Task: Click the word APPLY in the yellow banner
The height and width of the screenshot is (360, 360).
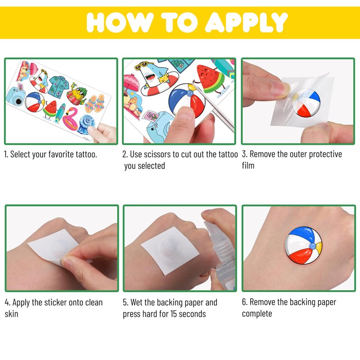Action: tap(246, 22)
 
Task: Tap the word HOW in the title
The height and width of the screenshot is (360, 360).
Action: tap(120, 22)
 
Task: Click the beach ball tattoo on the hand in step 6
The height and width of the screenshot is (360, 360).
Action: tap(303, 245)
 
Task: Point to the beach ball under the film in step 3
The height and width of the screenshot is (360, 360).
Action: tap(306, 103)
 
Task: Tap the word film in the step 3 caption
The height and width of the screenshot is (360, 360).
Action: tap(248, 165)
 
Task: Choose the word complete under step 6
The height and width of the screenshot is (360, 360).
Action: tap(257, 314)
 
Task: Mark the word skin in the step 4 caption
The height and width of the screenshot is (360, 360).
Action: tap(12, 314)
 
